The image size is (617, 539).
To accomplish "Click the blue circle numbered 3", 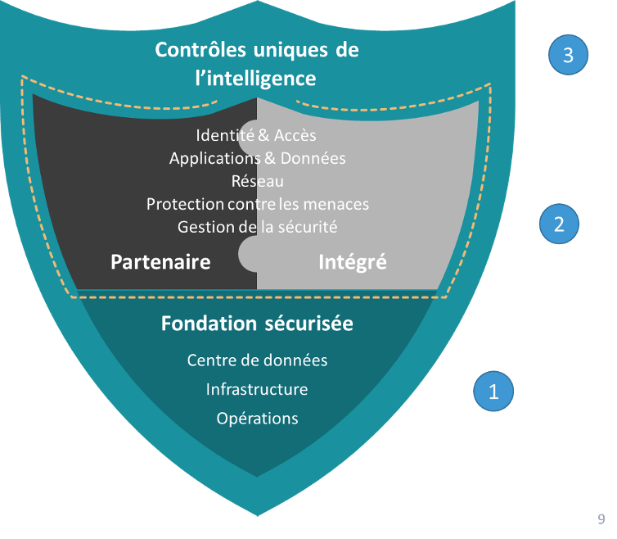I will (568, 55).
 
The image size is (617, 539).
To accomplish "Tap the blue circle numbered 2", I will (560, 224).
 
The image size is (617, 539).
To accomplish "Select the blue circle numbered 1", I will (493, 392).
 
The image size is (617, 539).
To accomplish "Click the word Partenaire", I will (160, 262).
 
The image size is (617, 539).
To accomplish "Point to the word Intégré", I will (352, 262).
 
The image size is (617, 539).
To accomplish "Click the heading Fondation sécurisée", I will (257, 324).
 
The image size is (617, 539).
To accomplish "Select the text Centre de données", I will (257, 360).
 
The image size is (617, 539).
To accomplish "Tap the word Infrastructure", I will (257, 389).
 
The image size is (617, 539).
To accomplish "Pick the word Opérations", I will (257, 418).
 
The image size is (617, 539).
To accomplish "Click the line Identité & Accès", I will (256, 135).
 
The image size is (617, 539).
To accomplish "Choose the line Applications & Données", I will (257, 158).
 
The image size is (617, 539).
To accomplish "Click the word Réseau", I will (257, 181).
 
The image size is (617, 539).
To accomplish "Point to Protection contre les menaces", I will (257, 204).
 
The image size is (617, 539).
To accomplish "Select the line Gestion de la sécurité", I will (257, 226).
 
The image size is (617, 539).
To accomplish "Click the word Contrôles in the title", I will (199, 50).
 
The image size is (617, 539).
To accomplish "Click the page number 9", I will (601, 519).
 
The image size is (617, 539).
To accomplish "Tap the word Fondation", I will (202, 324).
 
